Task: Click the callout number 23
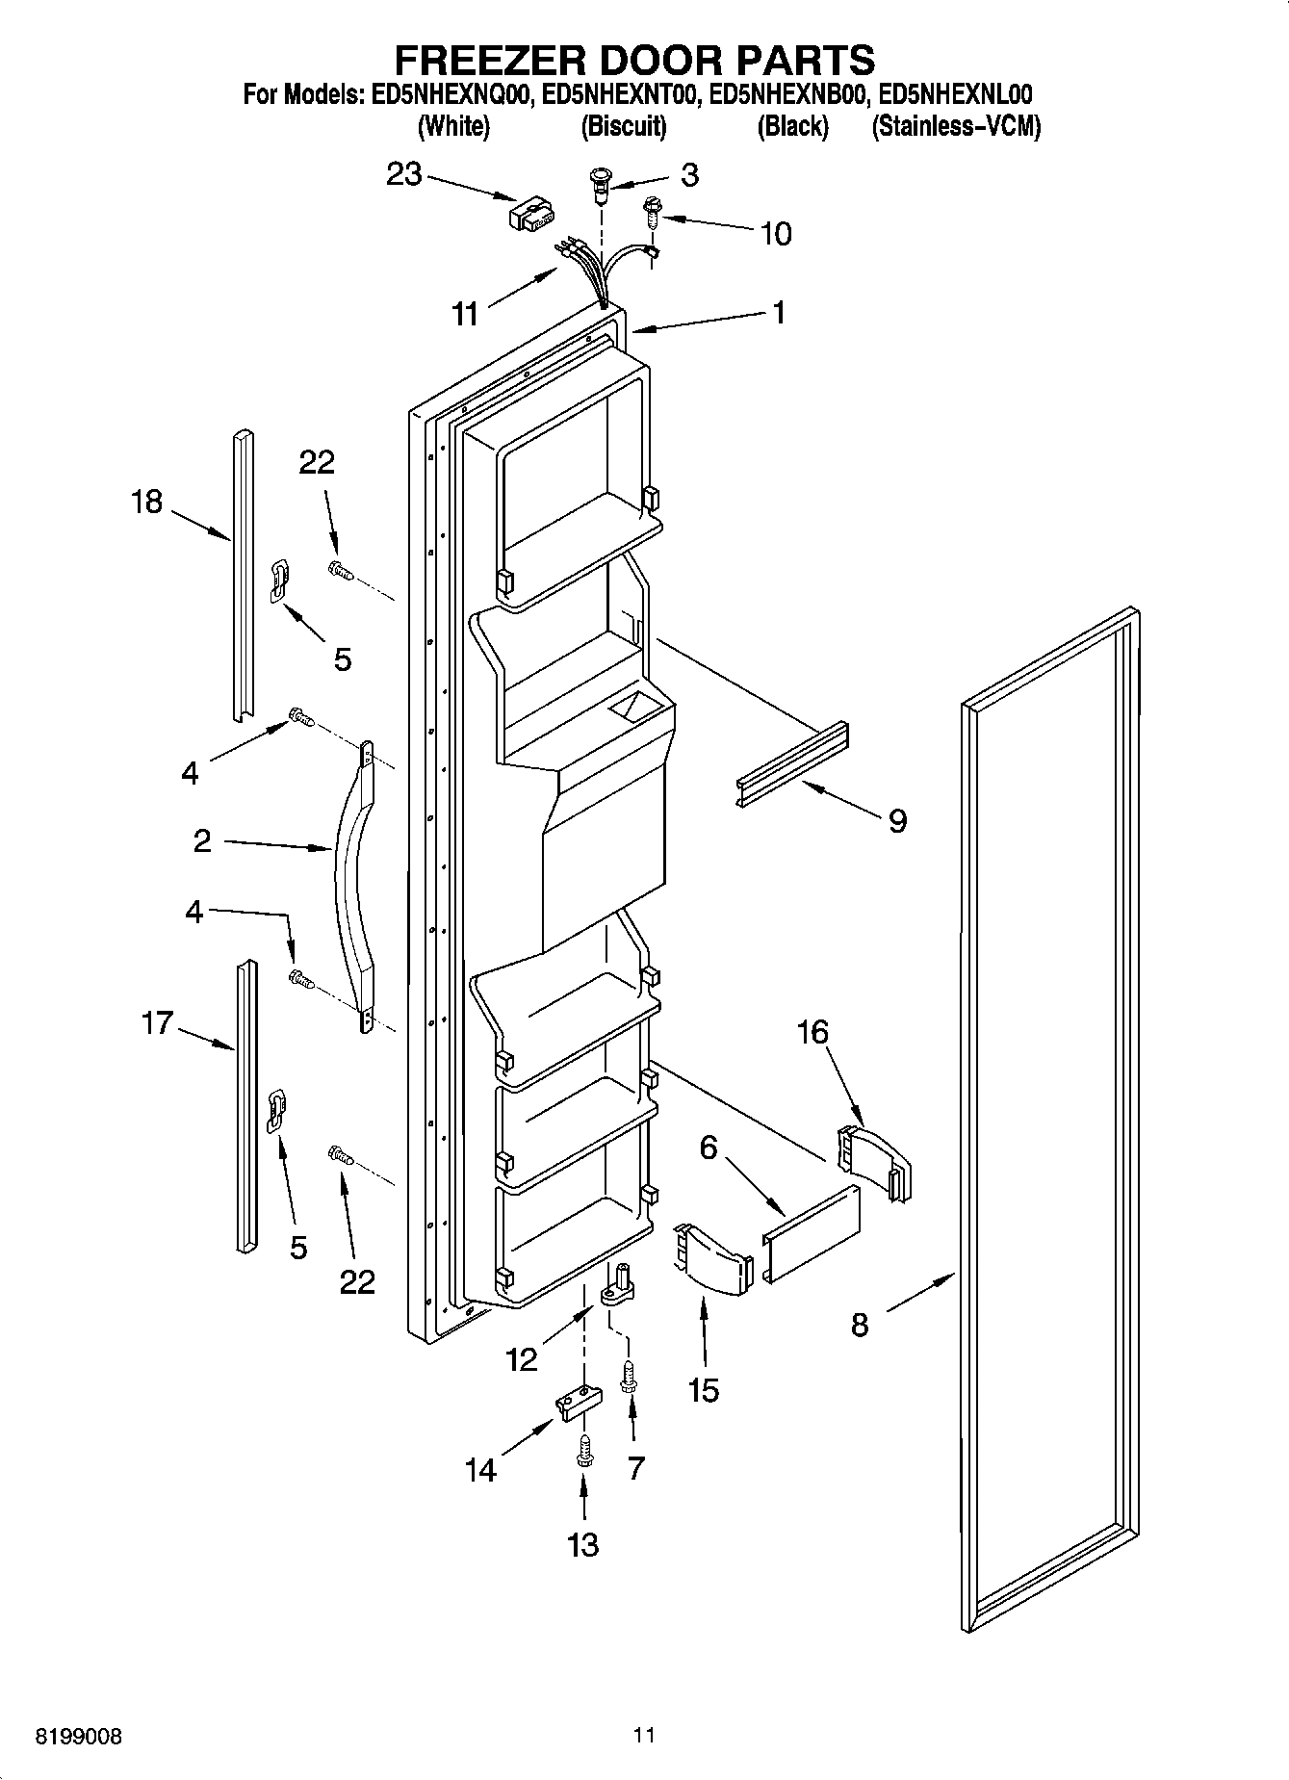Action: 404,174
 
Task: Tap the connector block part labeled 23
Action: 532,214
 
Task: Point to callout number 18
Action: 146,502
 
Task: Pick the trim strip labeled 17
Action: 245,1107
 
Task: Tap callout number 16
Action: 812,1032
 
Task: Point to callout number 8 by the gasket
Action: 860,1325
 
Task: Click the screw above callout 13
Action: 582,1451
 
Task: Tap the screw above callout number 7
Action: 629,1375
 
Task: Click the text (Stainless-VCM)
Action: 955,126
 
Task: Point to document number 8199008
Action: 79,1737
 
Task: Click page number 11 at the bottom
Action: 644,1735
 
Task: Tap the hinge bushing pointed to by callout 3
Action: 602,184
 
